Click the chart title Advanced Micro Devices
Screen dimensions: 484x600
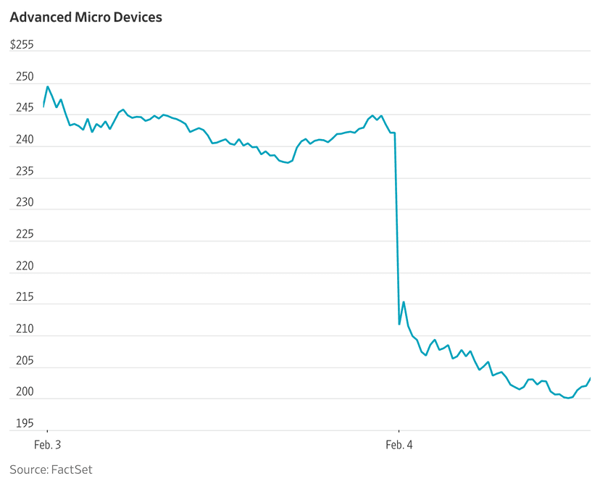(x=86, y=17)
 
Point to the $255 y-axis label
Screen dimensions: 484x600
(x=22, y=45)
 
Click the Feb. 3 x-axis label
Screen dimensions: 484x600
(x=48, y=444)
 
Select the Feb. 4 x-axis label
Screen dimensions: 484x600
(x=399, y=444)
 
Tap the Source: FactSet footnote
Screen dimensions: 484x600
(x=51, y=470)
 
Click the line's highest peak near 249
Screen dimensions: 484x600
(x=48, y=87)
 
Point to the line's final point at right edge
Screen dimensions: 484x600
(x=591, y=377)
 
